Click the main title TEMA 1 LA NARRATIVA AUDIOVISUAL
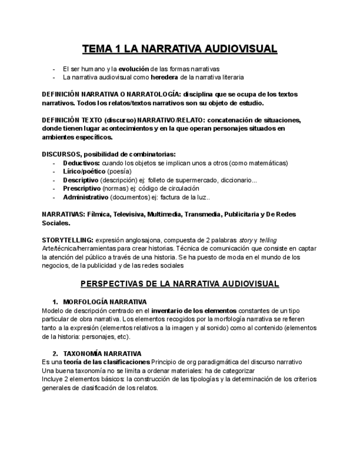click(180, 49)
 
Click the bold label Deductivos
click(81, 163)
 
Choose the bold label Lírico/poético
click(84, 171)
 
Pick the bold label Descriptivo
click(81, 180)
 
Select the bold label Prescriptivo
click(82, 188)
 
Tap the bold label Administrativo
click(85, 197)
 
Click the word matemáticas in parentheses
click(266, 163)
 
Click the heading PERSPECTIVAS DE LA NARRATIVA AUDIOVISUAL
click(180, 284)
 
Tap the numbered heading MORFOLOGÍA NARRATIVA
click(104, 302)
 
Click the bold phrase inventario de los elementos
click(194, 310)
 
